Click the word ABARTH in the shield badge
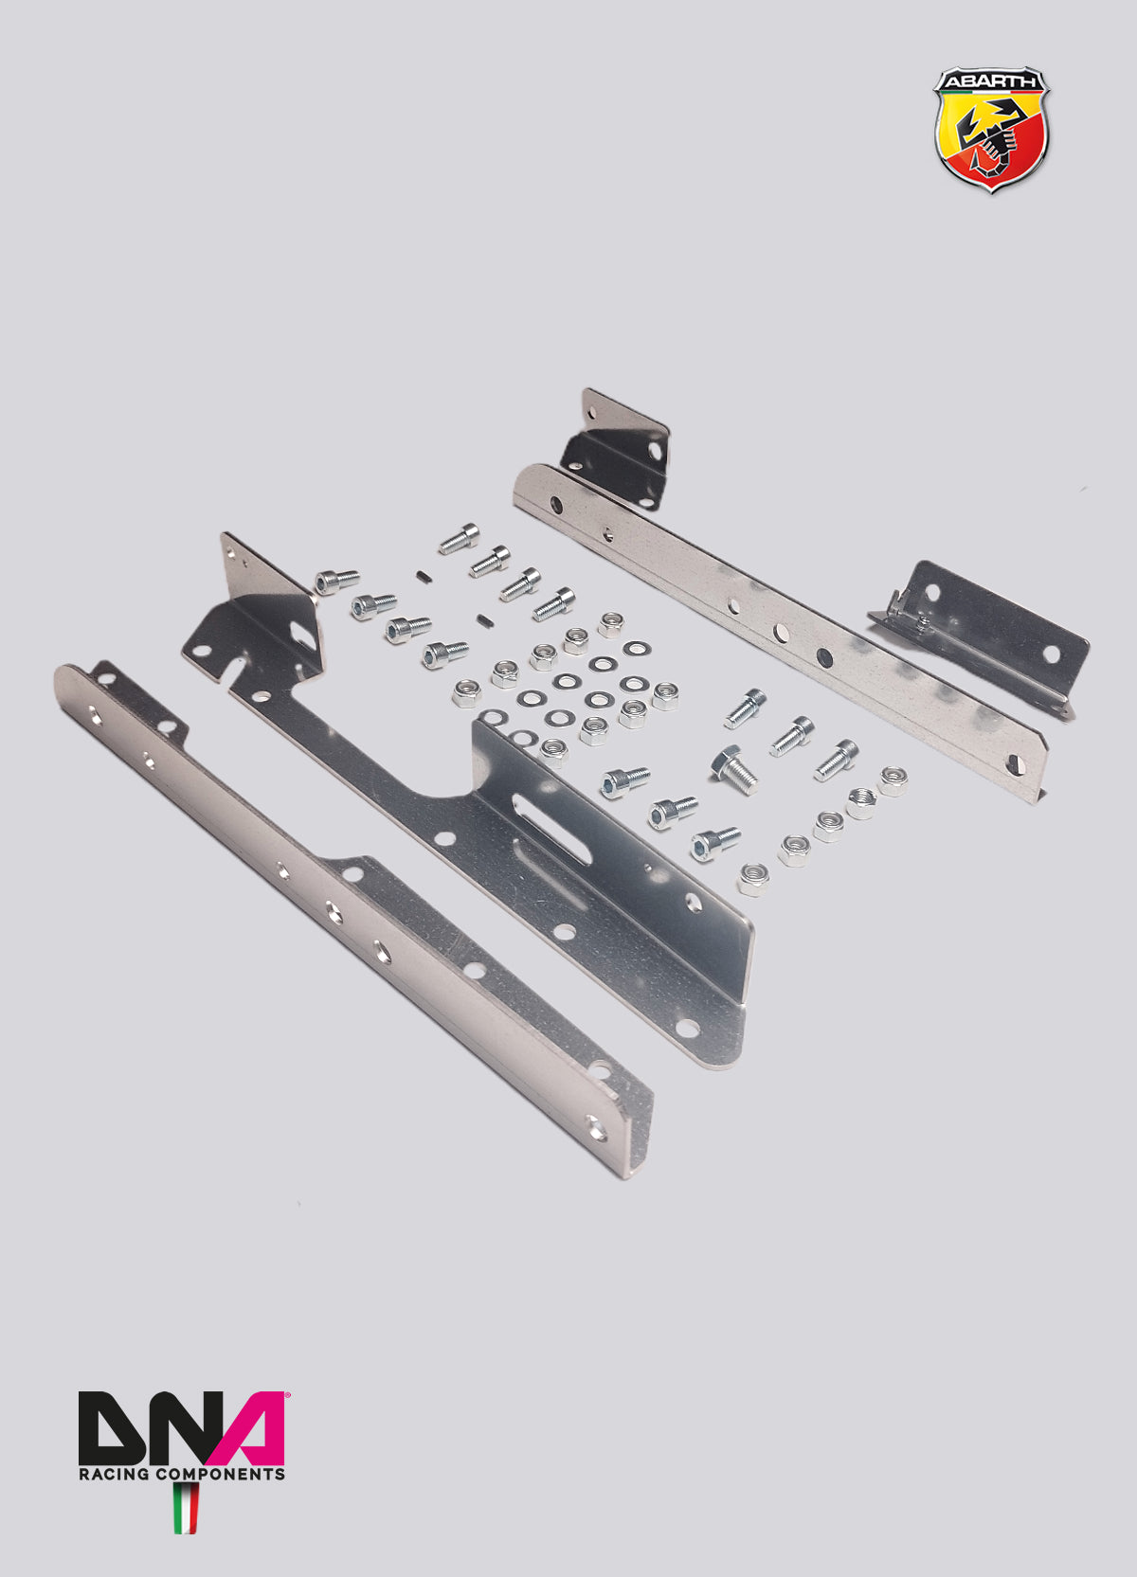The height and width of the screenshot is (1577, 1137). point(990,82)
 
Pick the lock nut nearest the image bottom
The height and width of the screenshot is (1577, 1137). point(754,880)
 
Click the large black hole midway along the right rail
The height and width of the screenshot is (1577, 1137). point(824,654)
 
